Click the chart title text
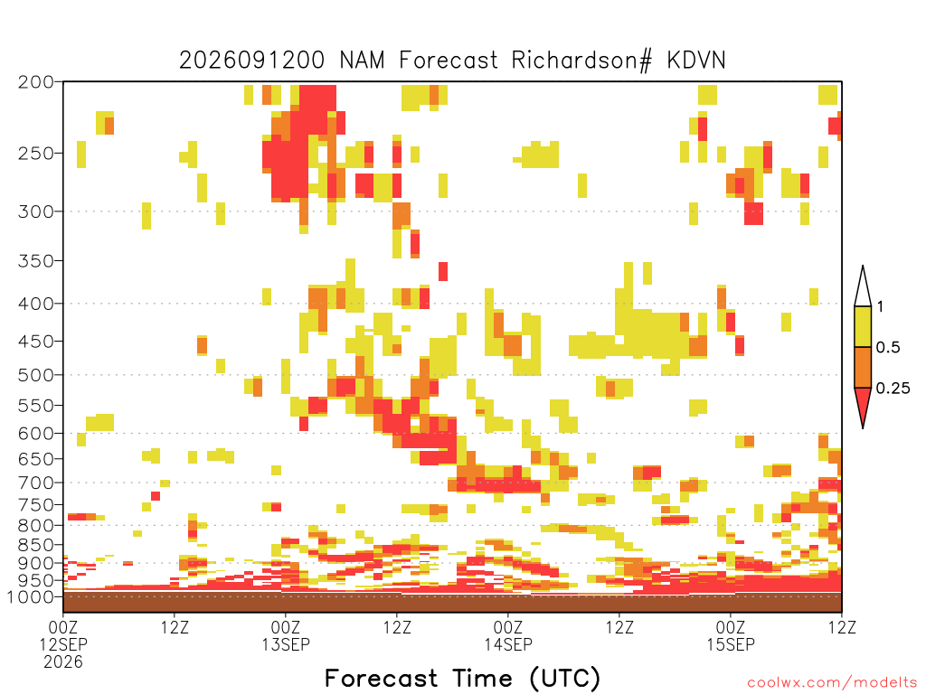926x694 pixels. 452,61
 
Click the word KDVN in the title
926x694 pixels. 696,61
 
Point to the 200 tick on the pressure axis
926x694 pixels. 36,82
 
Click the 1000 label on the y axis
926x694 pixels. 31,596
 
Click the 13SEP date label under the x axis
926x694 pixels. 286,644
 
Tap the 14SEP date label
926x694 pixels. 508,644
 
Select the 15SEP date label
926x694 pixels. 731,644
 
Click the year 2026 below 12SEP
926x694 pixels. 63,662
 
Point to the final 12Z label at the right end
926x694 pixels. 842,627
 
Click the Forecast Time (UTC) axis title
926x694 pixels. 462,679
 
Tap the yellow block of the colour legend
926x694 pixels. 863,326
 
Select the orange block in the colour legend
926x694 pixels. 863,367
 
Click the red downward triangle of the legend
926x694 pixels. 863,404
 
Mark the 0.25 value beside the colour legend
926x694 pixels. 893,389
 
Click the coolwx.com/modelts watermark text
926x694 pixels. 832,683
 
